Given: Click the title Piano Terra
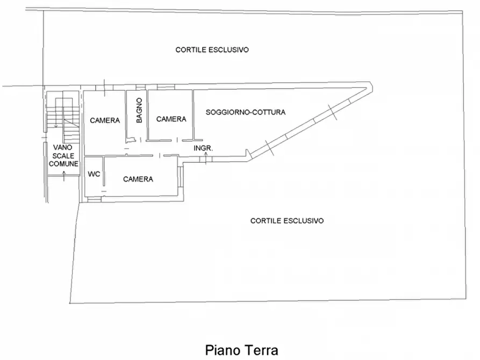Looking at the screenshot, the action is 241,350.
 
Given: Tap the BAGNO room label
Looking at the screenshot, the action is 139,110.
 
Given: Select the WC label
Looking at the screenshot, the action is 94,174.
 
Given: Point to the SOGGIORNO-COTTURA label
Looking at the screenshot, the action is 246,112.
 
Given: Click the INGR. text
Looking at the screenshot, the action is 203,148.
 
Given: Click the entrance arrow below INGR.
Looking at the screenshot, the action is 206,157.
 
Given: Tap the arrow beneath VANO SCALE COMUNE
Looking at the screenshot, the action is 63,176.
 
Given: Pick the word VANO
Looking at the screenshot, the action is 62,148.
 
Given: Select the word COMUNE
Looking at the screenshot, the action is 63,164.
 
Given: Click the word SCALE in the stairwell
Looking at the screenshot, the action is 63,156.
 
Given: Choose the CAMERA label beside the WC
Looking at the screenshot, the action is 138,179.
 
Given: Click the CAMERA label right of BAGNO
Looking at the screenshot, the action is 171,119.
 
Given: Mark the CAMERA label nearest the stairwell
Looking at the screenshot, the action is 105,120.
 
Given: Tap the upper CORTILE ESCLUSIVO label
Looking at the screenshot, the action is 212,50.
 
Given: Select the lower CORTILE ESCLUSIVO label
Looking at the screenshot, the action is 287,221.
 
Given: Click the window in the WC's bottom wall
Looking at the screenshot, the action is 94,199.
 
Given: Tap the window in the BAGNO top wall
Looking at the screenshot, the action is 141,88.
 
